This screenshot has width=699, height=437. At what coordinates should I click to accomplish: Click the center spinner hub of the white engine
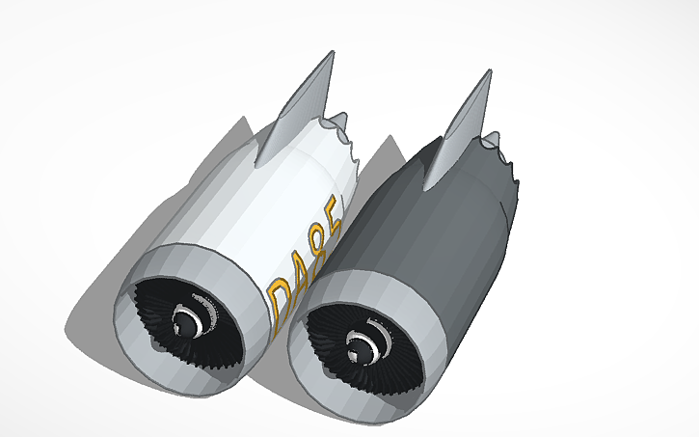187,318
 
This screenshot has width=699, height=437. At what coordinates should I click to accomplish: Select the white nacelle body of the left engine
251,203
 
